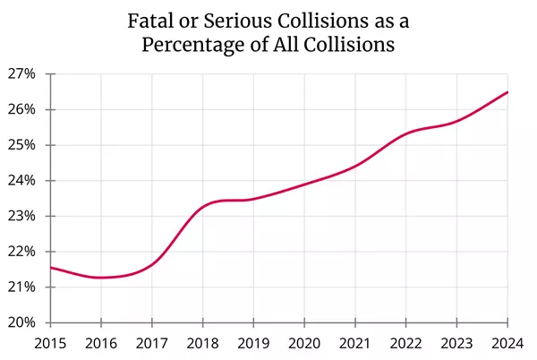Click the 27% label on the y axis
(22, 74)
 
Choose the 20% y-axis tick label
(22, 322)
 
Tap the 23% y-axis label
(22, 216)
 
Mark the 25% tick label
(22, 145)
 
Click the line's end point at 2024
(507, 92)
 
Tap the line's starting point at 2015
(50, 268)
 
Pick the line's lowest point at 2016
(101, 278)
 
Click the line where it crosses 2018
(202, 208)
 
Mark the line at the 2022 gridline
(406, 133)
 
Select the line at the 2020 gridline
(304, 184)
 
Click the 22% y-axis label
(22, 252)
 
